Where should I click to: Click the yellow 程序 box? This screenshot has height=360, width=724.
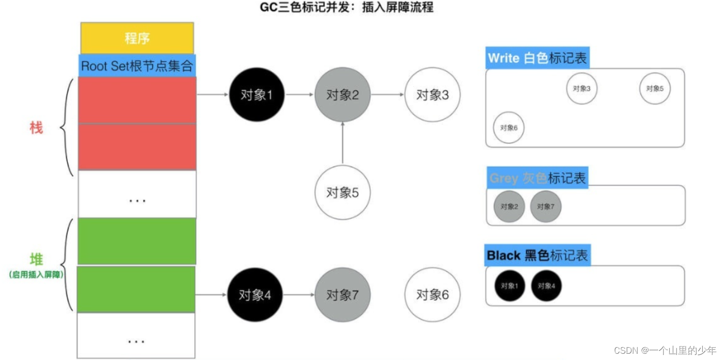click(137, 38)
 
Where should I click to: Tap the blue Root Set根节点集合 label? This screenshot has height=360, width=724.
click(137, 66)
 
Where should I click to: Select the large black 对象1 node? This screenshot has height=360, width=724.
click(256, 95)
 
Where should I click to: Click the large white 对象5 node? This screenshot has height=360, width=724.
click(343, 193)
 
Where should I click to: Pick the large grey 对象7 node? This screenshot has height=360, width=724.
click(343, 295)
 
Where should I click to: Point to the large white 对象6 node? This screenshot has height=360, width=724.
click(432, 295)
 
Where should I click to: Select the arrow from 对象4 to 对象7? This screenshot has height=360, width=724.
click(299, 295)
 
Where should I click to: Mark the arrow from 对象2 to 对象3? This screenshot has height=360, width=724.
click(387, 95)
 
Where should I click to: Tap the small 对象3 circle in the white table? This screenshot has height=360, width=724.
click(582, 89)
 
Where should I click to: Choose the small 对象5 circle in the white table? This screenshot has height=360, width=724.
click(655, 89)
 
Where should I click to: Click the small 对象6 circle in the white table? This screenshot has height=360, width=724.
click(509, 128)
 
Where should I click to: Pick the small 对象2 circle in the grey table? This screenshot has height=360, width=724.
click(509, 207)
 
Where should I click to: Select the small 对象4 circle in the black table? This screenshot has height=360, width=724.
click(546, 286)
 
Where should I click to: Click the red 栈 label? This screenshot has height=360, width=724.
click(36, 128)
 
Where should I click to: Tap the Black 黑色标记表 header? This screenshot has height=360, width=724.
click(538, 255)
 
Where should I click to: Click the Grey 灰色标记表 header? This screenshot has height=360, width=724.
click(537, 178)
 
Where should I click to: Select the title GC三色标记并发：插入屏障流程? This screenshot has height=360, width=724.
click(346, 7)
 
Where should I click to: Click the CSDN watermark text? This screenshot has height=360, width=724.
click(664, 350)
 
